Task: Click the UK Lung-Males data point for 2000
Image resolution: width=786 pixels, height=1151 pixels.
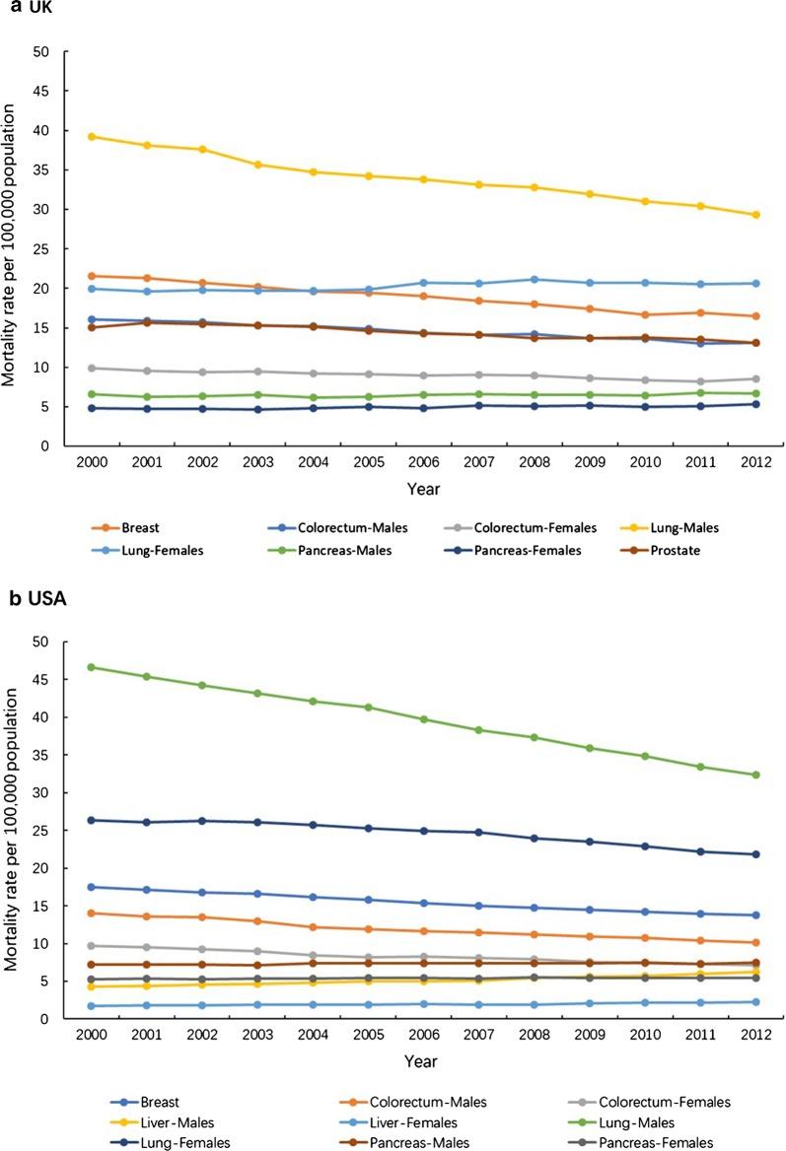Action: click(x=91, y=137)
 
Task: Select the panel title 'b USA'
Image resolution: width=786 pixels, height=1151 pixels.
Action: click(x=33, y=600)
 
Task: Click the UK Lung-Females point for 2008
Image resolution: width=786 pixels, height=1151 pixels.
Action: click(x=534, y=280)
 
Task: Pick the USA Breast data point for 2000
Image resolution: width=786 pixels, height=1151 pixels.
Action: click(x=91, y=887)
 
